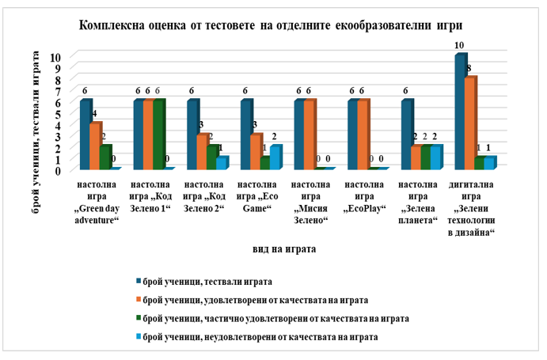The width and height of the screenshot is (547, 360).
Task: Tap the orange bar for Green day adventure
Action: (95, 146)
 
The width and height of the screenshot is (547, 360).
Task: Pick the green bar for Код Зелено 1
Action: (158, 135)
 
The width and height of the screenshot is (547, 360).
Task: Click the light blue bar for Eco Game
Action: (275, 157)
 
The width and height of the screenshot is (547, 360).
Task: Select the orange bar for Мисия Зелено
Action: (309, 135)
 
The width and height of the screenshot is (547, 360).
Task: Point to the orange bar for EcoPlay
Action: (363, 135)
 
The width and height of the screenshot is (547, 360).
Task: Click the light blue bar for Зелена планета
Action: (436, 157)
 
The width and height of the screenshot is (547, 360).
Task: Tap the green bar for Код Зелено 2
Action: (212, 157)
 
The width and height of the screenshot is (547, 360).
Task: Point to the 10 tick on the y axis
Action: (55, 57)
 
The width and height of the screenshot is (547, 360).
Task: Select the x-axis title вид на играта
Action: (285, 248)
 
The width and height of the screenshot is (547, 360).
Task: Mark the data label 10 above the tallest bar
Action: (459, 45)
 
